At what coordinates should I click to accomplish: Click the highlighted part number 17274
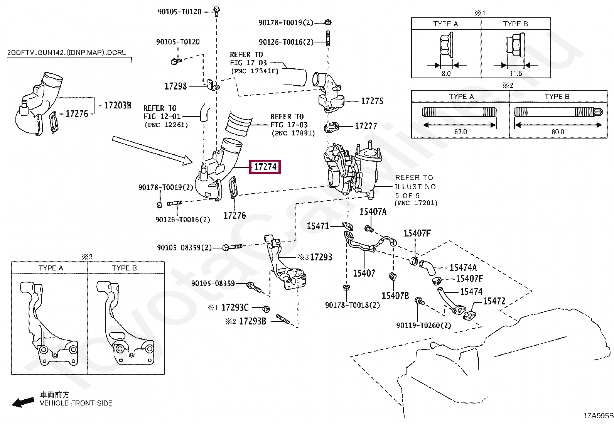point(265,167)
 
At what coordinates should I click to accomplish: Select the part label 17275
point(372,101)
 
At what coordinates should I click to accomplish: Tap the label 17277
point(366,126)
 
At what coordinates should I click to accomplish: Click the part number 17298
point(175,86)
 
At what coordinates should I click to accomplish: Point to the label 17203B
point(118,105)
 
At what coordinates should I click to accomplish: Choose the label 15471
point(318,226)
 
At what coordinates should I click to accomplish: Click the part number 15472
point(494,301)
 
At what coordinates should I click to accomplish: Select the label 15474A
point(463,267)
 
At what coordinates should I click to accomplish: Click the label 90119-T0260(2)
point(423,325)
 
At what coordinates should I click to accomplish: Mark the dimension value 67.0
point(460,132)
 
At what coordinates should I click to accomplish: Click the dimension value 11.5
point(515,73)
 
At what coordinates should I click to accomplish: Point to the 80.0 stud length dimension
point(558,132)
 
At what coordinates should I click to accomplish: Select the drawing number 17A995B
point(597,416)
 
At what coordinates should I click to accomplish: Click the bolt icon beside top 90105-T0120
point(217,10)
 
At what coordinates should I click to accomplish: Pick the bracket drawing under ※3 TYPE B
point(125,324)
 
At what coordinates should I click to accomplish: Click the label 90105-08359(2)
point(184,247)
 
